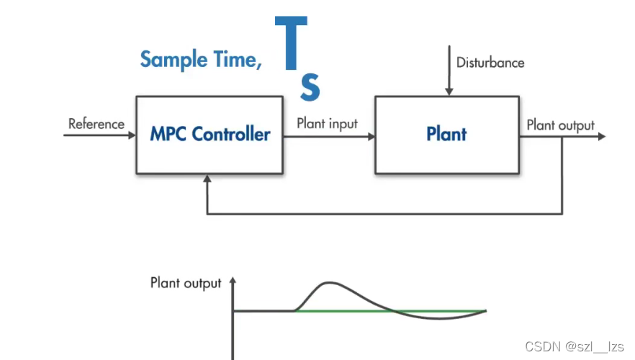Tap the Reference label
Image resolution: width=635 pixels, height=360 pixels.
coord(96,124)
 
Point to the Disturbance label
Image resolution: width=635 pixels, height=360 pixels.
coord(490,63)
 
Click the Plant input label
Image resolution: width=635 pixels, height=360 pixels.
coord(327,124)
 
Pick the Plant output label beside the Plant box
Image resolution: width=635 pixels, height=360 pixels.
coord(560,125)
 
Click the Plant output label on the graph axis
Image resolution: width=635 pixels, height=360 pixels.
coord(186,283)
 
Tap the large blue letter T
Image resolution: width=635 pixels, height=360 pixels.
coord(291,45)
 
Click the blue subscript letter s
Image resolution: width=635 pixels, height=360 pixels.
coord(310,87)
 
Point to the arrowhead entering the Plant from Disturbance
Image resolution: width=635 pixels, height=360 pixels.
coord(449,91)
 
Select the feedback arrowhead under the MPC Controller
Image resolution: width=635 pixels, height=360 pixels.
coord(207,179)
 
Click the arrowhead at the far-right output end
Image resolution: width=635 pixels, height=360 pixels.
coord(601,135)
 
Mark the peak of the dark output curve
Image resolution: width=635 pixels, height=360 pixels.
coord(329,283)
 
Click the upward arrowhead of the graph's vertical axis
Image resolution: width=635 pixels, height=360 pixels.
coord(233,282)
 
